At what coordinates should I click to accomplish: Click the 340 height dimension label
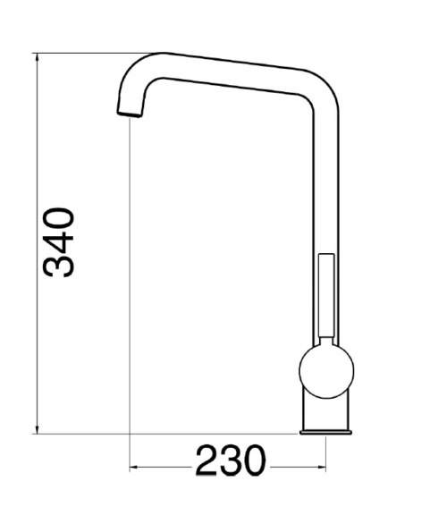point(58,242)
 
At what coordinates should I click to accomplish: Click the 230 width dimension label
point(231,461)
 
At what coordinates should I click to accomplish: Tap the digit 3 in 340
point(58,266)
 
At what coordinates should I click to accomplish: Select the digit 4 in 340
point(58,242)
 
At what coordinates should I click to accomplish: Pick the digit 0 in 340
point(58,218)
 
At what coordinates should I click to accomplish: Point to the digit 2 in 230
point(207,461)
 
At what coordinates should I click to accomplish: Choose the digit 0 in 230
point(255,461)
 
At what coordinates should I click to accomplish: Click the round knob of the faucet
point(326,371)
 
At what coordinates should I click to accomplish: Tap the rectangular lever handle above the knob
point(326,296)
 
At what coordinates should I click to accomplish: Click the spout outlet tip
point(130,114)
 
